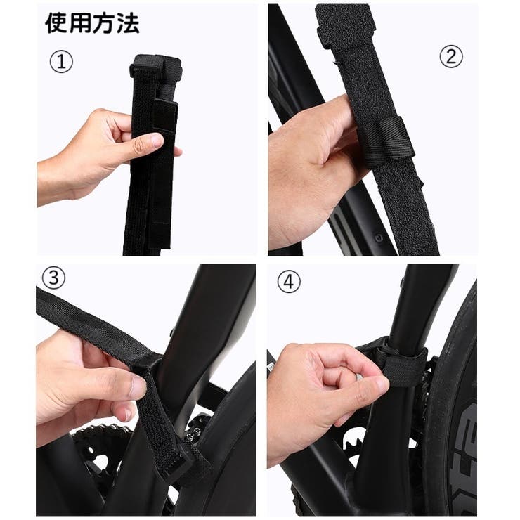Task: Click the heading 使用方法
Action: (92, 23)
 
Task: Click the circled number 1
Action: (61, 62)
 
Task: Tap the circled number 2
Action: (451, 56)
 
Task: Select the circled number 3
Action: (54, 278)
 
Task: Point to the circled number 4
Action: (289, 282)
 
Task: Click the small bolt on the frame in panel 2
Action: (379, 238)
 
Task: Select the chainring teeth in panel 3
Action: (100, 432)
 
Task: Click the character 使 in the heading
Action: (56, 23)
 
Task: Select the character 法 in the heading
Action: (128, 23)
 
